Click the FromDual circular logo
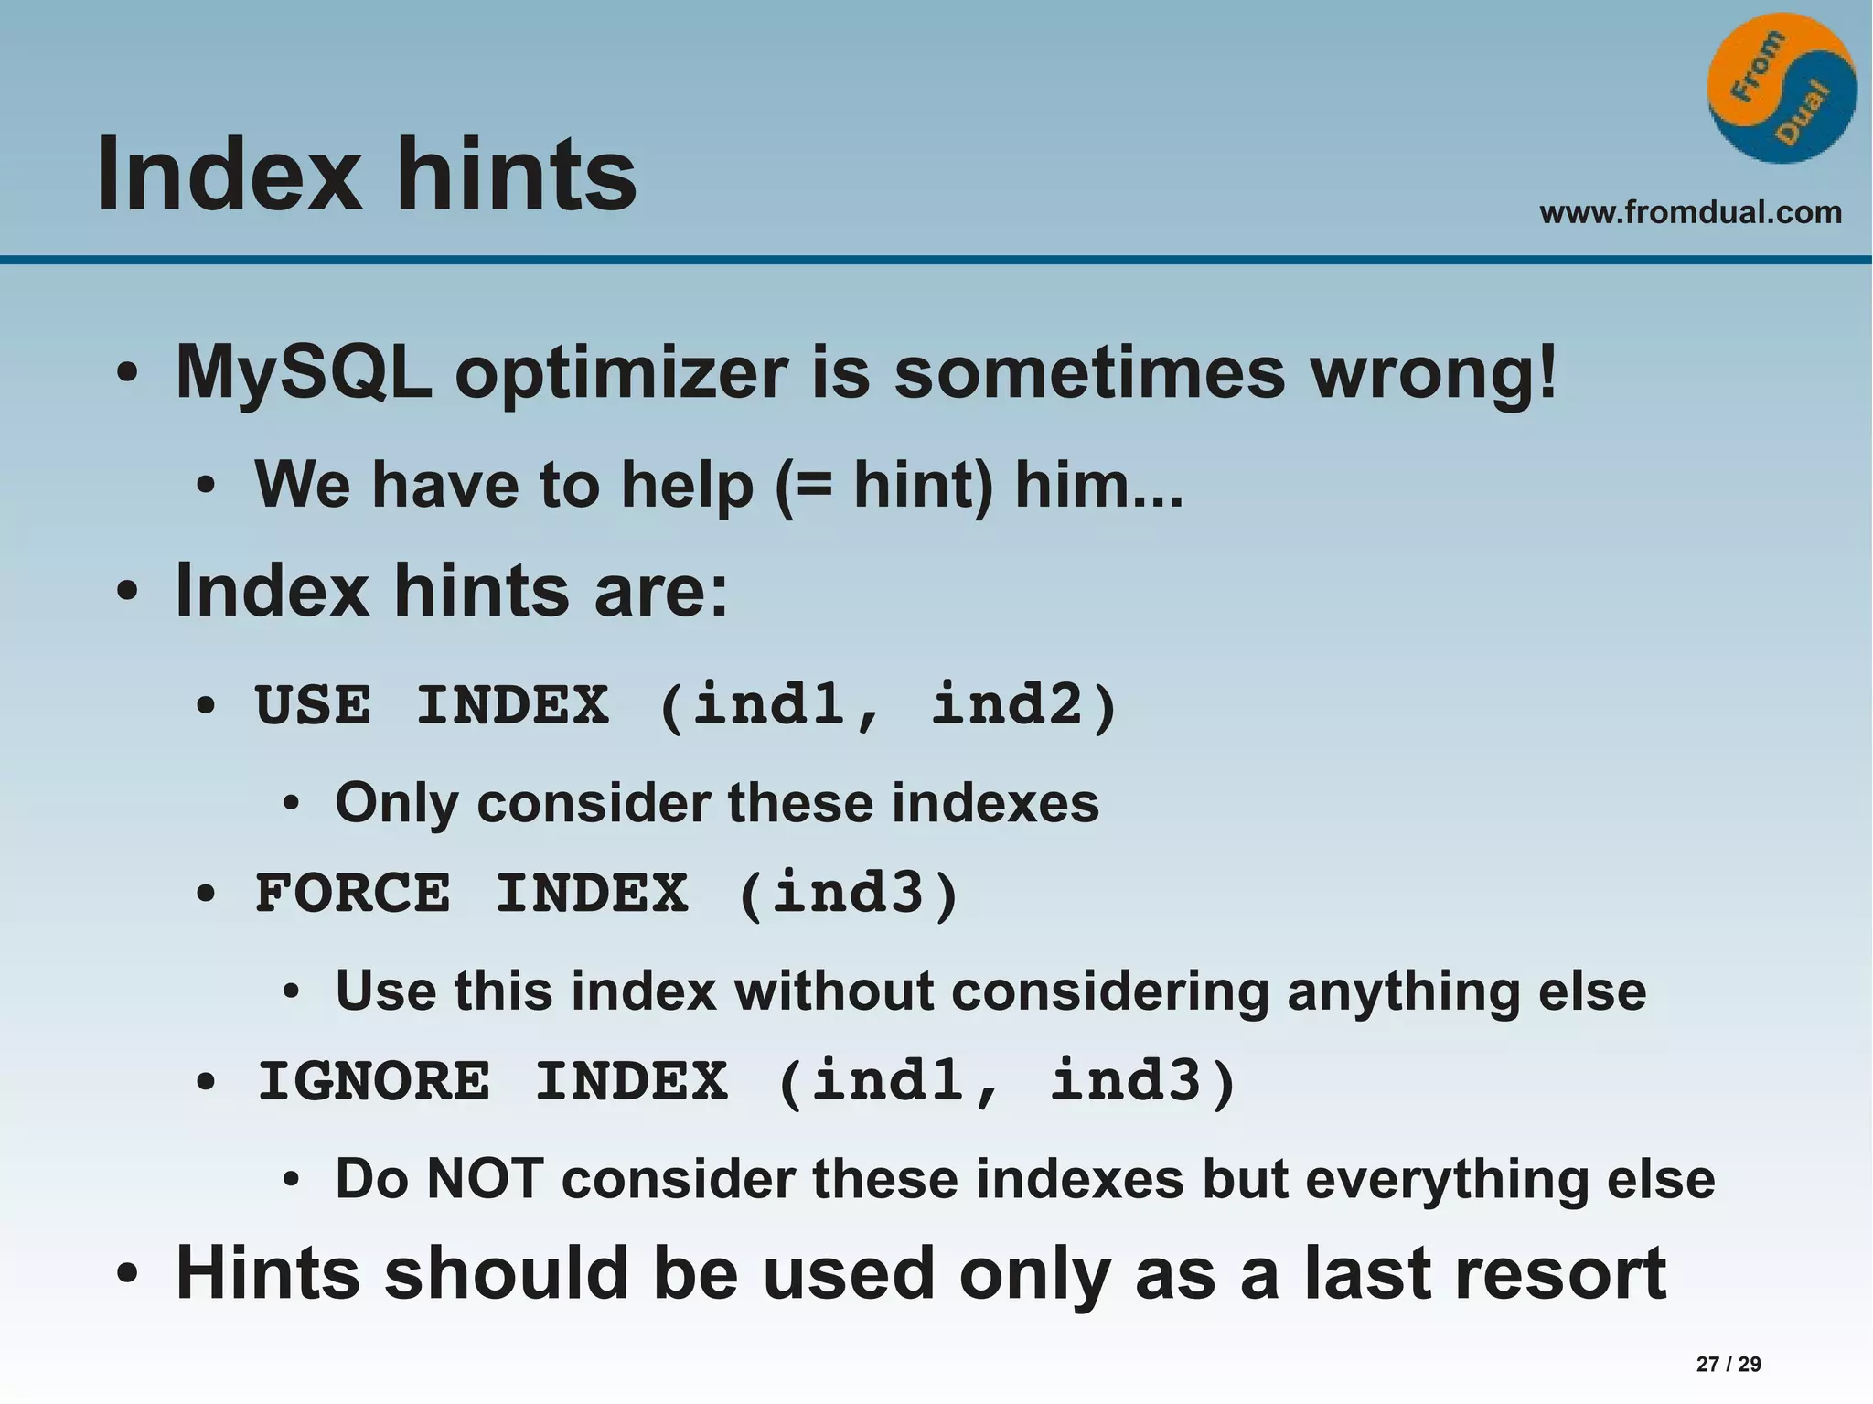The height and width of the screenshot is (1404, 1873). click(x=1781, y=89)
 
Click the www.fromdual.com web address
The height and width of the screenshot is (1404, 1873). click(x=1690, y=212)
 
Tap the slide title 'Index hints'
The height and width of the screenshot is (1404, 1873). click(x=366, y=174)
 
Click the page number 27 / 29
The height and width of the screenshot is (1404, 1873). click(x=1728, y=1364)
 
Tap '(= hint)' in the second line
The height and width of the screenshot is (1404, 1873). click(x=883, y=485)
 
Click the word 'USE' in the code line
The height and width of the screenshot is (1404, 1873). click(x=314, y=706)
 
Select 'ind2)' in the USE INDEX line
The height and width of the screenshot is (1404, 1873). click(x=1024, y=706)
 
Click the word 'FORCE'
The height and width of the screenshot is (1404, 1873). click(x=353, y=894)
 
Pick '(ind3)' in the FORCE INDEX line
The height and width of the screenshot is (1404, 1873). click(x=848, y=894)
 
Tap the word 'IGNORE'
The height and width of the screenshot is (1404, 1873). click(x=373, y=1081)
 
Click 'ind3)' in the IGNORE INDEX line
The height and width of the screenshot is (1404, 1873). click(x=1143, y=1081)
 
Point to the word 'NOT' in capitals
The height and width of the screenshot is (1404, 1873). click(x=486, y=1179)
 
